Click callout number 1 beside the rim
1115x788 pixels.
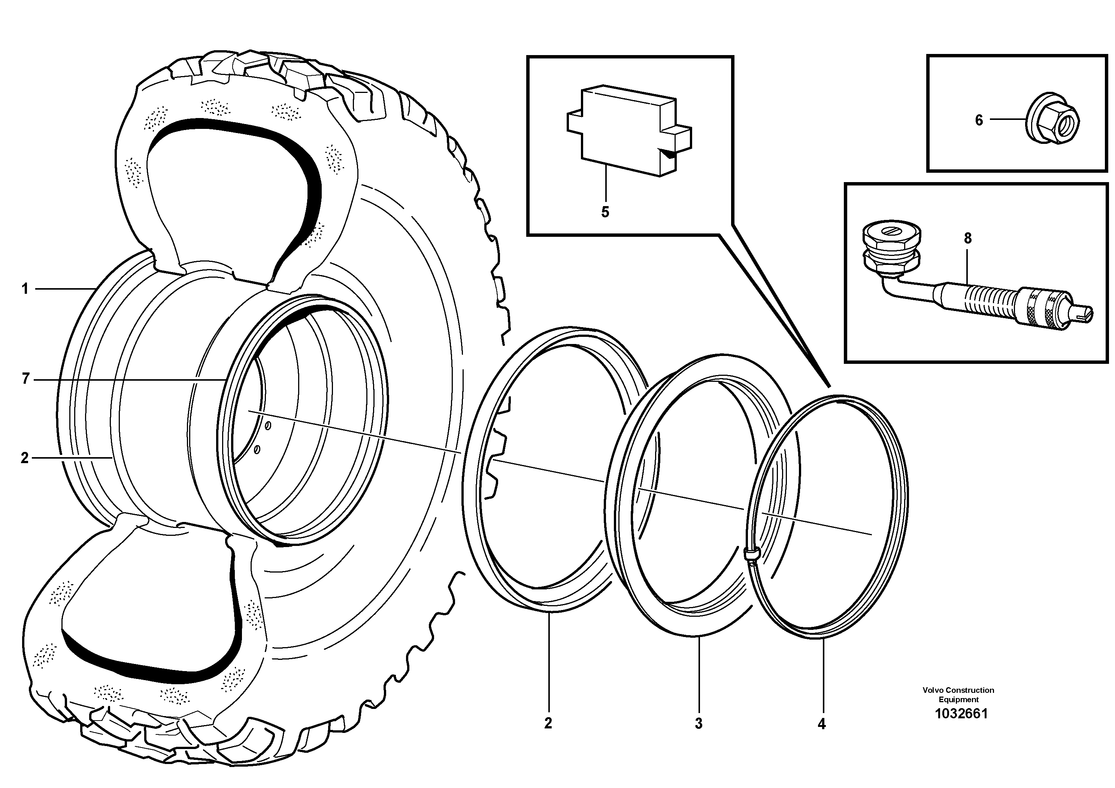point(25,289)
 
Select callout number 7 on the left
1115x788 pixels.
point(26,378)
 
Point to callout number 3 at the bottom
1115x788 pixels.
point(699,724)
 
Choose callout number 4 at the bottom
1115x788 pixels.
point(821,724)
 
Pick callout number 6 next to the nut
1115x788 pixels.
point(979,120)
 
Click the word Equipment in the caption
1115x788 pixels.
point(958,700)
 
